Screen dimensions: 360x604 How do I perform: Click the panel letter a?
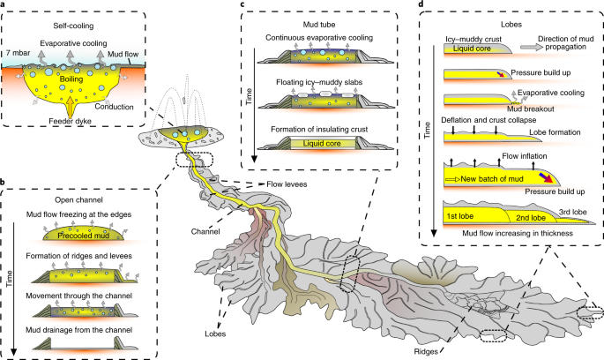pos(5,5)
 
